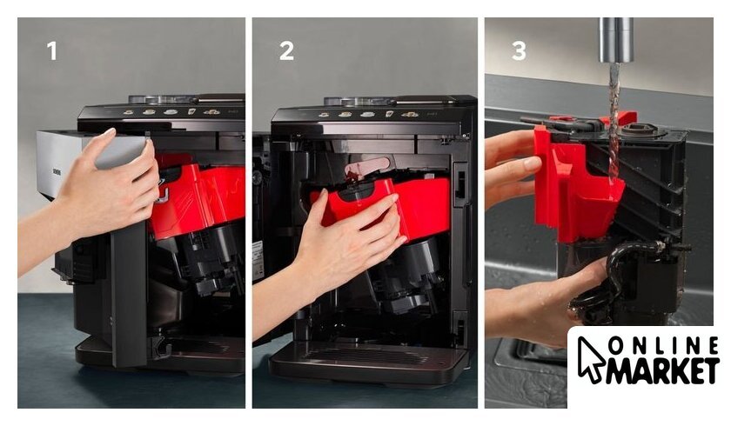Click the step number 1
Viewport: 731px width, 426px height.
pos(51,50)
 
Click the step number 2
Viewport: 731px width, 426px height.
pos(286,50)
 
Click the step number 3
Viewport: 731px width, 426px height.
pos(519,50)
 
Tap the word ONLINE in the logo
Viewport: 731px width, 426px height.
pos(663,347)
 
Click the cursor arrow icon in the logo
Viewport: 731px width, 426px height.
pos(590,358)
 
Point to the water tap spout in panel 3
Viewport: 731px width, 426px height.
pos(616,40)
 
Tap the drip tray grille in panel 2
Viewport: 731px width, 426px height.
pos(367,357)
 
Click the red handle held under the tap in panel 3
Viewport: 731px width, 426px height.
pos(578,184)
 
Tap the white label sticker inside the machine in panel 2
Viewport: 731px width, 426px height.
pos(258,261)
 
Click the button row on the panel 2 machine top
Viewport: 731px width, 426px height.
pos(367,115)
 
